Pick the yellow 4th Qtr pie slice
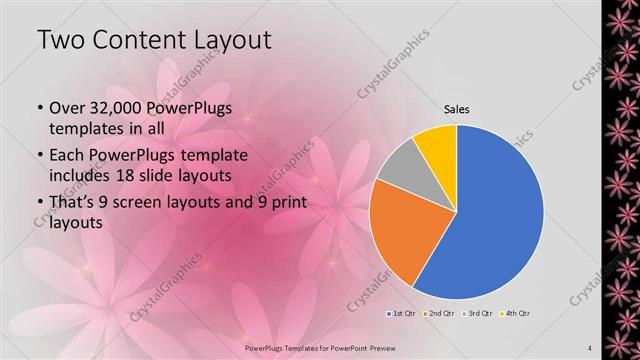coord(438,145)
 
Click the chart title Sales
coord(456,109)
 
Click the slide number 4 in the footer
coord(590,348)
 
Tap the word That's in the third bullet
coord(73,203)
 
